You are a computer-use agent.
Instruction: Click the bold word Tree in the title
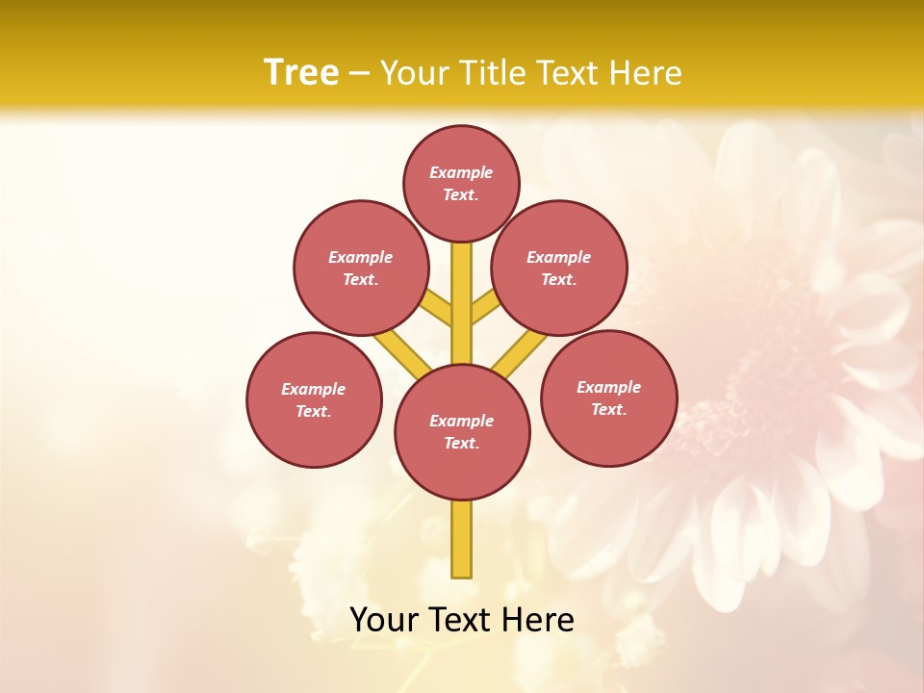(x=301, y=72)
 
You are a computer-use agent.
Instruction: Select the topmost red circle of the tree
(x=461, y=183)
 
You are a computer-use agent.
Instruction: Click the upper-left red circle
(x=361, y=268)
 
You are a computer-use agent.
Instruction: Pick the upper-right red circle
(x=559, y=268)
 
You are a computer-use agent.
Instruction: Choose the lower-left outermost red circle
(x=314, y=399)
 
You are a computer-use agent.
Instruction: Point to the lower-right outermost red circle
(x=608, y=398)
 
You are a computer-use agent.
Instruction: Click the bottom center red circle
(x=462, y=431)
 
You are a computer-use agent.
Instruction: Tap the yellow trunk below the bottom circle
(x=462, y=539)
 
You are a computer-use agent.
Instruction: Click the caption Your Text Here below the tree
(x=462, y=620)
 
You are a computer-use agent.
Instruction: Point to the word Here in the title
(x=648, y=72)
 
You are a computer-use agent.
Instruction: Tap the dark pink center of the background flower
(x=741, y=385)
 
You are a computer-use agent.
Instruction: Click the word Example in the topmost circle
(x=461, y=172)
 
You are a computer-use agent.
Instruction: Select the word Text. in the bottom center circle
(x=461, y=443)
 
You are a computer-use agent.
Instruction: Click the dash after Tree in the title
(x=359, y=73)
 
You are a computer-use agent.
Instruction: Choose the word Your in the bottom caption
(x=384, y=620)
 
